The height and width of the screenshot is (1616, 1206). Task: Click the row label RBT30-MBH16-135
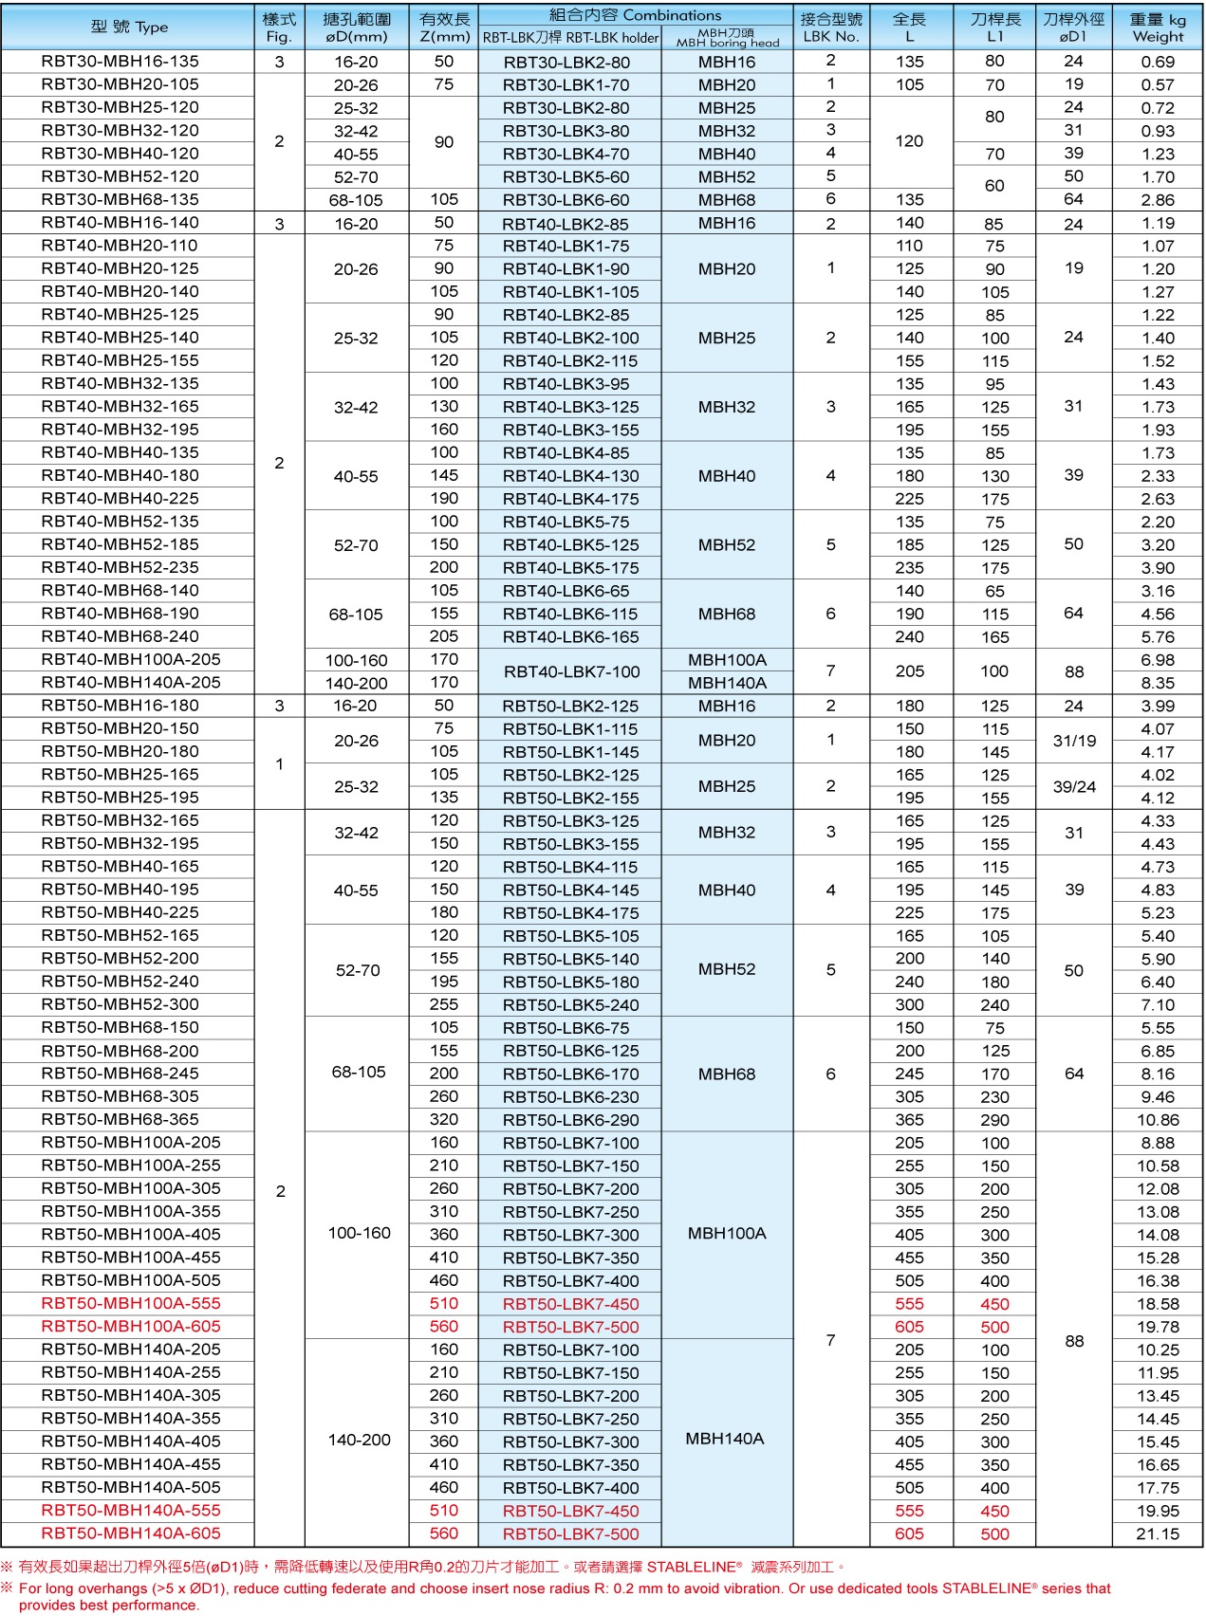[x=120, y=62]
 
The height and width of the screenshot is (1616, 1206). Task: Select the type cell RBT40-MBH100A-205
[x=130, y=660]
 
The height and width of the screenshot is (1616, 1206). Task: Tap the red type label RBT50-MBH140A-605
[x=130, y=1533]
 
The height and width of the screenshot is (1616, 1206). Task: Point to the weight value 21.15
[x=1157, y=1534]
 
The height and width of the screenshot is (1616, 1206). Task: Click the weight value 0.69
[x=1157, y=62]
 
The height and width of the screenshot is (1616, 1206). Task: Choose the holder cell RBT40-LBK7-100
[x=571, y=671]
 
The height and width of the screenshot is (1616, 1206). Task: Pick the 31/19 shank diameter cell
[x=1073, y=741]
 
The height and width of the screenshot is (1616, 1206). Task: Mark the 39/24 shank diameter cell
[x=1073, y=787]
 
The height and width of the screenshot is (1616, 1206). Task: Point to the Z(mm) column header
[x=444, y=37]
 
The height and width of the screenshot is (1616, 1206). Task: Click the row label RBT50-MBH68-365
[x=120, y=1119]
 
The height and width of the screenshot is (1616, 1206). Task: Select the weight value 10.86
[x=1157, y=1120]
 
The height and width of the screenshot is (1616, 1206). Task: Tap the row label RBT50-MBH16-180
[x=120, y=706]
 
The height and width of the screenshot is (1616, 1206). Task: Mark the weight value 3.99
[x=1157, y=707]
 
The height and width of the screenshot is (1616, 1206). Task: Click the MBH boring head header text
[x=727, y=43]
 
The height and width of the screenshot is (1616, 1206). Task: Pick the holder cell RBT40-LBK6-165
[x=570, y=637]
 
